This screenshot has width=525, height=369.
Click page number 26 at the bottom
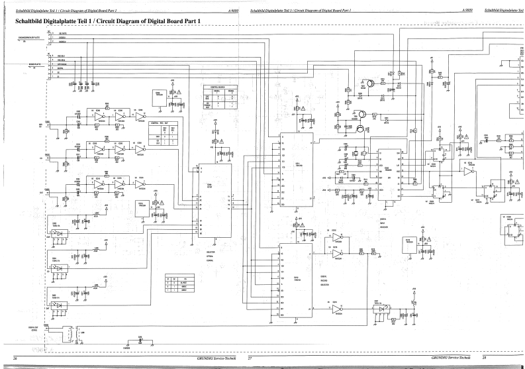tap(15, 358)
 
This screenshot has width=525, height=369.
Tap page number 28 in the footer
tap(484, 358)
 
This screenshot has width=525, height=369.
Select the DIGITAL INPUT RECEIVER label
tap(385, 223)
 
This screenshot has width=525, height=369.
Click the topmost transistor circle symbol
tap(373, 84)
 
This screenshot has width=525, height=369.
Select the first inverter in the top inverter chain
tap(99, 117)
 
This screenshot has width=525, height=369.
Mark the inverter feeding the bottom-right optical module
tap(338, 309)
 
